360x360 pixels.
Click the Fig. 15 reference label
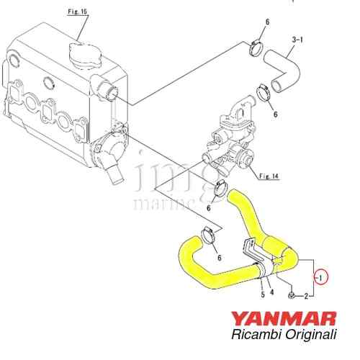pos(77,12)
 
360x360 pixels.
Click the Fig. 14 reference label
pos(269,176)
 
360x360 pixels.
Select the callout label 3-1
pos(297,40)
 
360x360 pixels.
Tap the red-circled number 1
pos(321,277)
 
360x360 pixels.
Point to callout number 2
pos(306,297)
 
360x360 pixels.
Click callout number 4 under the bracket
pos(271,292)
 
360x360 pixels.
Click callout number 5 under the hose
pos(263,294)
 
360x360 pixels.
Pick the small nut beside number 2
pos(292,296)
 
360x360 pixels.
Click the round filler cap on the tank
pos(86,55)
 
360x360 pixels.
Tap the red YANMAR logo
pos(284,318)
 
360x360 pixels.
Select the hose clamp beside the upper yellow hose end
pos(220,189)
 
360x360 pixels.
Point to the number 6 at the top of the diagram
pos(267,22)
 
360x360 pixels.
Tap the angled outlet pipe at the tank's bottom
pos(114,172)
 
